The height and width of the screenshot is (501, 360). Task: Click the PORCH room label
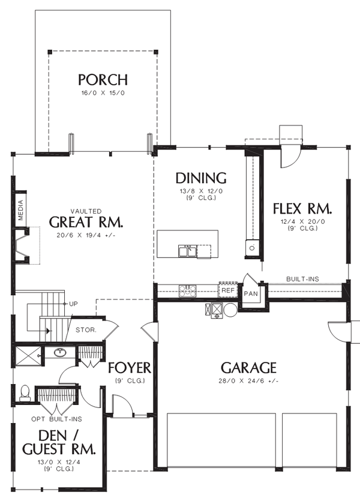point(102,79)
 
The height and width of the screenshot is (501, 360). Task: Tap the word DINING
point(200,178)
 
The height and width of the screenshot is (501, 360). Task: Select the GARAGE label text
point(248,367)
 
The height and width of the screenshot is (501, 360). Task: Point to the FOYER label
point(129,367)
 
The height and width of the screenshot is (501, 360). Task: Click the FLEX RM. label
point(302,209)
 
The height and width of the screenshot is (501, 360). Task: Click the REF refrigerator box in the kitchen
point(227,290)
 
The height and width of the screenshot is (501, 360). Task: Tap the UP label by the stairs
point(73,304)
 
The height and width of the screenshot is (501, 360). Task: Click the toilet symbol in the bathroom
point(25,392)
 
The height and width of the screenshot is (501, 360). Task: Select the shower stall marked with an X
point(28,353)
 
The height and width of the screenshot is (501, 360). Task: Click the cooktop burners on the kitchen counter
point(188,291)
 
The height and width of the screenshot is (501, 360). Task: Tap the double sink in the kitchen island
point(187,251)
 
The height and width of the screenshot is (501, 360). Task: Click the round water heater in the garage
point(230,310)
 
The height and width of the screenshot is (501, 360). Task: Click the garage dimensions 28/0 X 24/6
point(248,381)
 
